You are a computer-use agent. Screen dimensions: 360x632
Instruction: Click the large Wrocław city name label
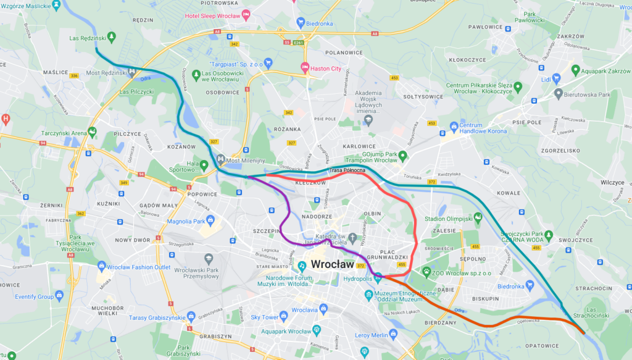(333, 264)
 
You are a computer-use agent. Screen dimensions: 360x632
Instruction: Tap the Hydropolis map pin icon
(377, 276)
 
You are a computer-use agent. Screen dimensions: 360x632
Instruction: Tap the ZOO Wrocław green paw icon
(426, 270)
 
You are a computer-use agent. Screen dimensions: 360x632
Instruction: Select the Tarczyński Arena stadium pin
(92, 131)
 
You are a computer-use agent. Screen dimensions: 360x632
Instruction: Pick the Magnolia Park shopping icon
(210, 219)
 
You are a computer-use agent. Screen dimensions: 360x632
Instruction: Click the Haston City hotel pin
(304, 67)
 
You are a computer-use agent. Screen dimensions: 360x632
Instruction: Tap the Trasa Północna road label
(348, 170)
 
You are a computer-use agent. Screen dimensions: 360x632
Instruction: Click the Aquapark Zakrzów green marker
(575, 70)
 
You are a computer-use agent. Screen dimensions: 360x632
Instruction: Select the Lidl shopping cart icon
(556, 78)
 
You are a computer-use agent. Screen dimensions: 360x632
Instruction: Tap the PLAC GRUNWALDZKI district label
(395, 253)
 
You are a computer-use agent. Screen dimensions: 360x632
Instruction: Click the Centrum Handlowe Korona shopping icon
(454, 125)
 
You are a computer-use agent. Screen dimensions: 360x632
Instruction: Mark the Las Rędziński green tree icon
(111, 36)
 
